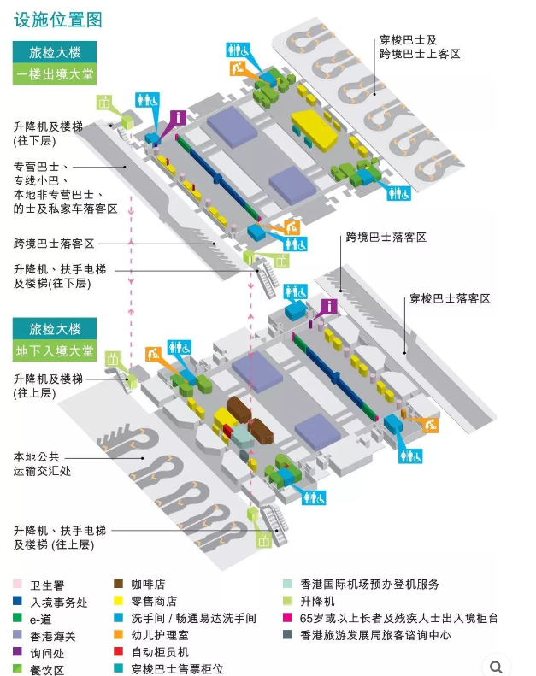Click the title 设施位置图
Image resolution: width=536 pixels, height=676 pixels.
pyautogui.click(x=58, y=19)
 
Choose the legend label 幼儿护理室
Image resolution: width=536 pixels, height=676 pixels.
pyautogui.click(x=159, y=635)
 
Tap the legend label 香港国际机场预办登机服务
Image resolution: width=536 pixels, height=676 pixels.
pyautogui.click(x=369, y=585)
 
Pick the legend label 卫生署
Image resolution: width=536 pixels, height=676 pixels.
pyautogui.click(x=48, y=585)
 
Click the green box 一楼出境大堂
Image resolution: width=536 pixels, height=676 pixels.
pyautogui.click(x=55, y=75)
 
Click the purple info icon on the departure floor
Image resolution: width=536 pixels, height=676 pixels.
pyautogui.click(x=178, y=117)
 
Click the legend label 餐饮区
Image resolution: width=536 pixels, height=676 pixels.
pyautogui.click(x=48, y=669)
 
